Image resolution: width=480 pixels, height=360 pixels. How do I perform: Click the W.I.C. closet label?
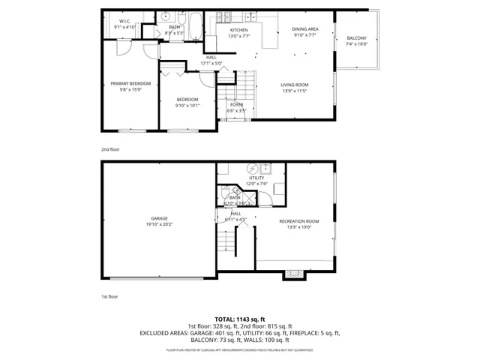[123, 21]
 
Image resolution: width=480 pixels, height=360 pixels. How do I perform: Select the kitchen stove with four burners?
[223, 16]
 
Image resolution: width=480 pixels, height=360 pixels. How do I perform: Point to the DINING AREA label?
[304, 29]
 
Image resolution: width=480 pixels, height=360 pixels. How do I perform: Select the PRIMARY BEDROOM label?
[130, 83]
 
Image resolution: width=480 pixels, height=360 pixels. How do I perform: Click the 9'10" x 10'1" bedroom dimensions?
[187, 106]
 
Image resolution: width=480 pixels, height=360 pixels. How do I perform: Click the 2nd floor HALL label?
[211, 57]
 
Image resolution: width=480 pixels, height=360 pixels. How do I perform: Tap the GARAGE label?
[158, 218]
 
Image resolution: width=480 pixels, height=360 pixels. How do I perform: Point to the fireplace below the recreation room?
[294, 275]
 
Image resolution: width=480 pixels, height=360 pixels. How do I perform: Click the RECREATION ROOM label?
[299, 221]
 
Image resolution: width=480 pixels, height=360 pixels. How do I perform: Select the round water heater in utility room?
[252, 169]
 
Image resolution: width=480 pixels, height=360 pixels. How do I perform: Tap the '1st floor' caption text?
[110, 297]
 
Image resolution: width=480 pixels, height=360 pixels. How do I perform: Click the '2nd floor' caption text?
[110, 149]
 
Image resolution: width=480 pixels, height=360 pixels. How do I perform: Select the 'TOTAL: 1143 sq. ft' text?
[240, 319]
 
